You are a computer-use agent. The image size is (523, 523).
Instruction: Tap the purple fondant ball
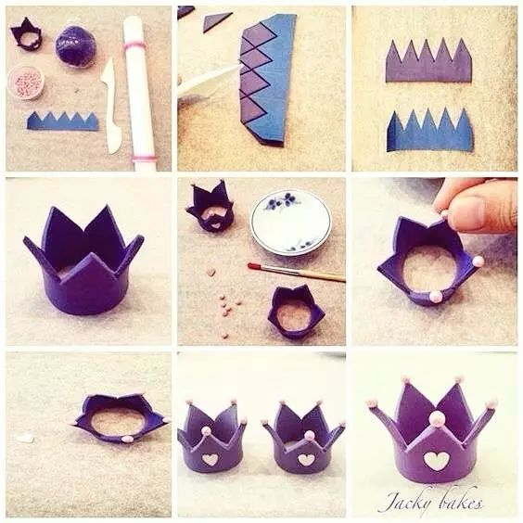(x=73, y=45)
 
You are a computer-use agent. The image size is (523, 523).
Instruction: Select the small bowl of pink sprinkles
(x=26, y=82)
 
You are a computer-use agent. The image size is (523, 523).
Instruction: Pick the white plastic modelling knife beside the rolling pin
(x=111, y=106)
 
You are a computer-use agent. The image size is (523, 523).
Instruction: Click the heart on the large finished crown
(x=435, y=460)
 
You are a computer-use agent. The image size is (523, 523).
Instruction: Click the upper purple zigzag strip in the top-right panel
(x=429, y=60)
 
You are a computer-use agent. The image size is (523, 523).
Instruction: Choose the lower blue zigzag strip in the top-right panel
(x=429, y=131)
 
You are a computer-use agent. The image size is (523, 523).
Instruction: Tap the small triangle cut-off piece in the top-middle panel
(x=216, y=20)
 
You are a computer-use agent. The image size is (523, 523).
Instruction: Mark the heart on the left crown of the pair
(x=210, y=459)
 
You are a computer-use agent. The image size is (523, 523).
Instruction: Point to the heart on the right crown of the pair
(x=306, y=460)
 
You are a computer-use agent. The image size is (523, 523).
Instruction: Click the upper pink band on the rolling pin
(x=134, y=46)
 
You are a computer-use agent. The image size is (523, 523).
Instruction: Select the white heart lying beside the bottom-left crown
(x=26, y=438)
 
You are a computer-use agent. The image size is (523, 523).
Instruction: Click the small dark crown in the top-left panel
(x=26, y=35)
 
